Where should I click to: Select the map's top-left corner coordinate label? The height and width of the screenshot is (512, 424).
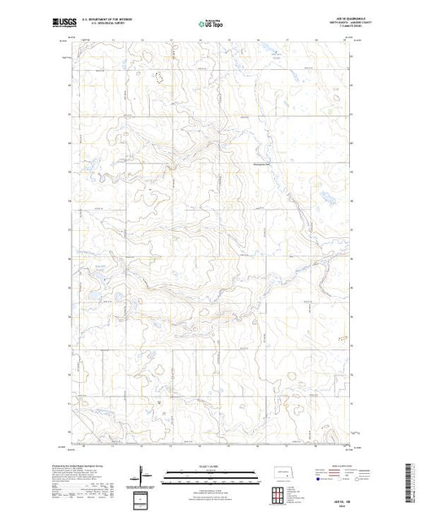point(71,36)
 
